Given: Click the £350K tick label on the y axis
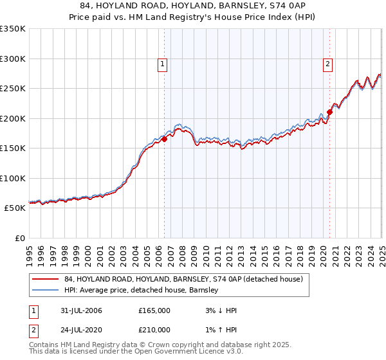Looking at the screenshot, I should point(13,29).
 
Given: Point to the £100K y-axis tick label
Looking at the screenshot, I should point(13,178).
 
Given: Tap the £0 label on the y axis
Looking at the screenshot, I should point(20,238).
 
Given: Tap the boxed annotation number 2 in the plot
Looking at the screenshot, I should point(328,64).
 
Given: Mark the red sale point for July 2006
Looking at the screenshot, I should point(165,138).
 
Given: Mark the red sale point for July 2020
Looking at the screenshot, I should point(329,112).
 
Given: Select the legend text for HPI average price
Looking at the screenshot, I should point(142,290).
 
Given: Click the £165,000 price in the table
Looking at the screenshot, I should point(154,310).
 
